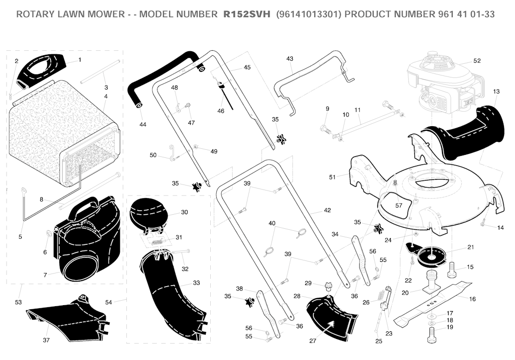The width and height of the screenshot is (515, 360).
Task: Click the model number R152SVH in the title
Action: (246, 14)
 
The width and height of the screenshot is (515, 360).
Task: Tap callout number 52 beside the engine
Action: (477, 61)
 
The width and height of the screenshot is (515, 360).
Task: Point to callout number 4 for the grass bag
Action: (106, 96)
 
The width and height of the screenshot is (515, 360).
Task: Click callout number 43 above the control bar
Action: (289, 59)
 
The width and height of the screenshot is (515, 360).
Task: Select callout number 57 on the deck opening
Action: (398, 206)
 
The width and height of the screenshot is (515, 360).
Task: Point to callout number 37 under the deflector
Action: (46, 340)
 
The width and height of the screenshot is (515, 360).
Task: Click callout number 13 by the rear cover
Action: (496, 92)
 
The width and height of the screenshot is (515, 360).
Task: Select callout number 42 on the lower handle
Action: (327, 210)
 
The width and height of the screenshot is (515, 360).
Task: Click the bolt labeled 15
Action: (452, 269)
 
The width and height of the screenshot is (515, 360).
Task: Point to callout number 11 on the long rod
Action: (358, 110)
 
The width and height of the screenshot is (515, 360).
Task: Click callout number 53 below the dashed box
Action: (18, 302)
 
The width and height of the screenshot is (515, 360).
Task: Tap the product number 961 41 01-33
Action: (466, 14)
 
